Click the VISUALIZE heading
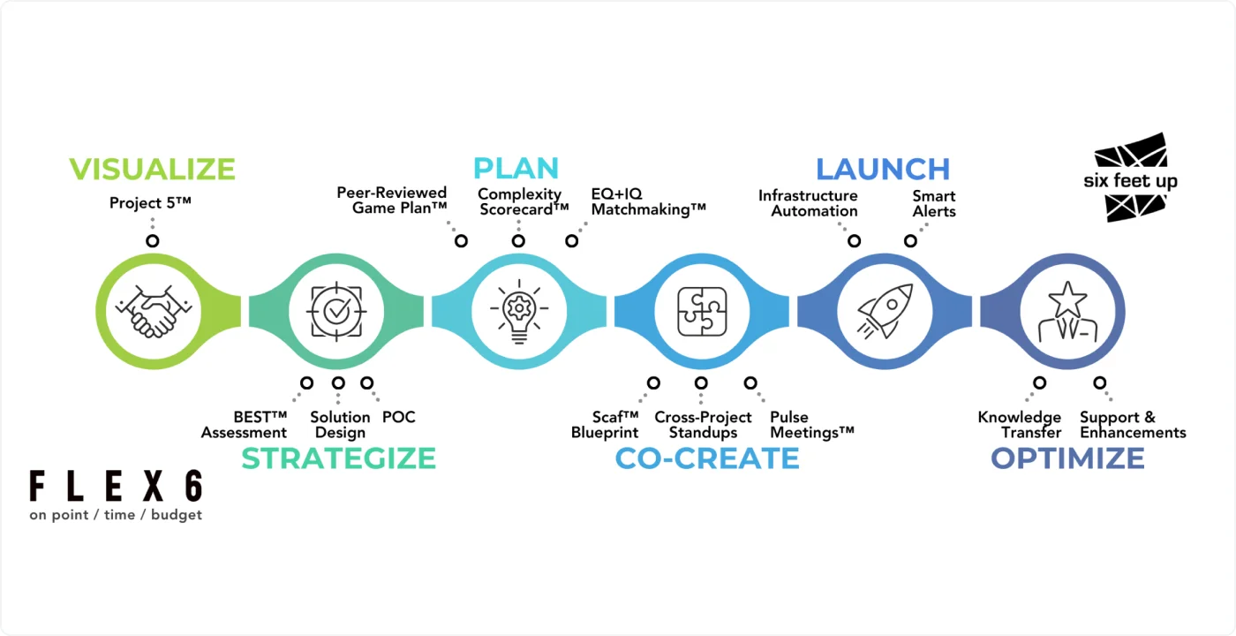pyautogui.click(x=152, y=169)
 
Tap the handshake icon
pyautogui.click(x=154, y=310)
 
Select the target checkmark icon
pyautogui.click(x=335, y=310)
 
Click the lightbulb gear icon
pyautogui.click(x=519, y=310)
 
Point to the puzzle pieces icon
pyautogui.click(x=702, y=310)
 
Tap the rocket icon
pyautogui.click(x=883, y=310)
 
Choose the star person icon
pyautogui.click(x=1066, y=310)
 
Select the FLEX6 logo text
pyautogui.click(x=116, y=487)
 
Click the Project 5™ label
pyautogui.click(x=150, y=203)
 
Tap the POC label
pyautogui.click(x=398, y=417)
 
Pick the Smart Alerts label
pyautogui.click(x=934, y=203)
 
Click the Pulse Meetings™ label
pyautogui.click(x=812, y=424)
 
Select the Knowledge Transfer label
pyautogui.click(x=1020, y=424)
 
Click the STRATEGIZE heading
pyautogui.click(x=339, y=458)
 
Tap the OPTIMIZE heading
pyautogui.click(x=1067, y=458)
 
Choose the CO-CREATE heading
pyautogui.click(x=707, y=458)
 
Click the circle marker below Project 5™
pyautogui.click(x=153, y=240)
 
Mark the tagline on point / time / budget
pyautogui.click(x=116, y=515)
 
